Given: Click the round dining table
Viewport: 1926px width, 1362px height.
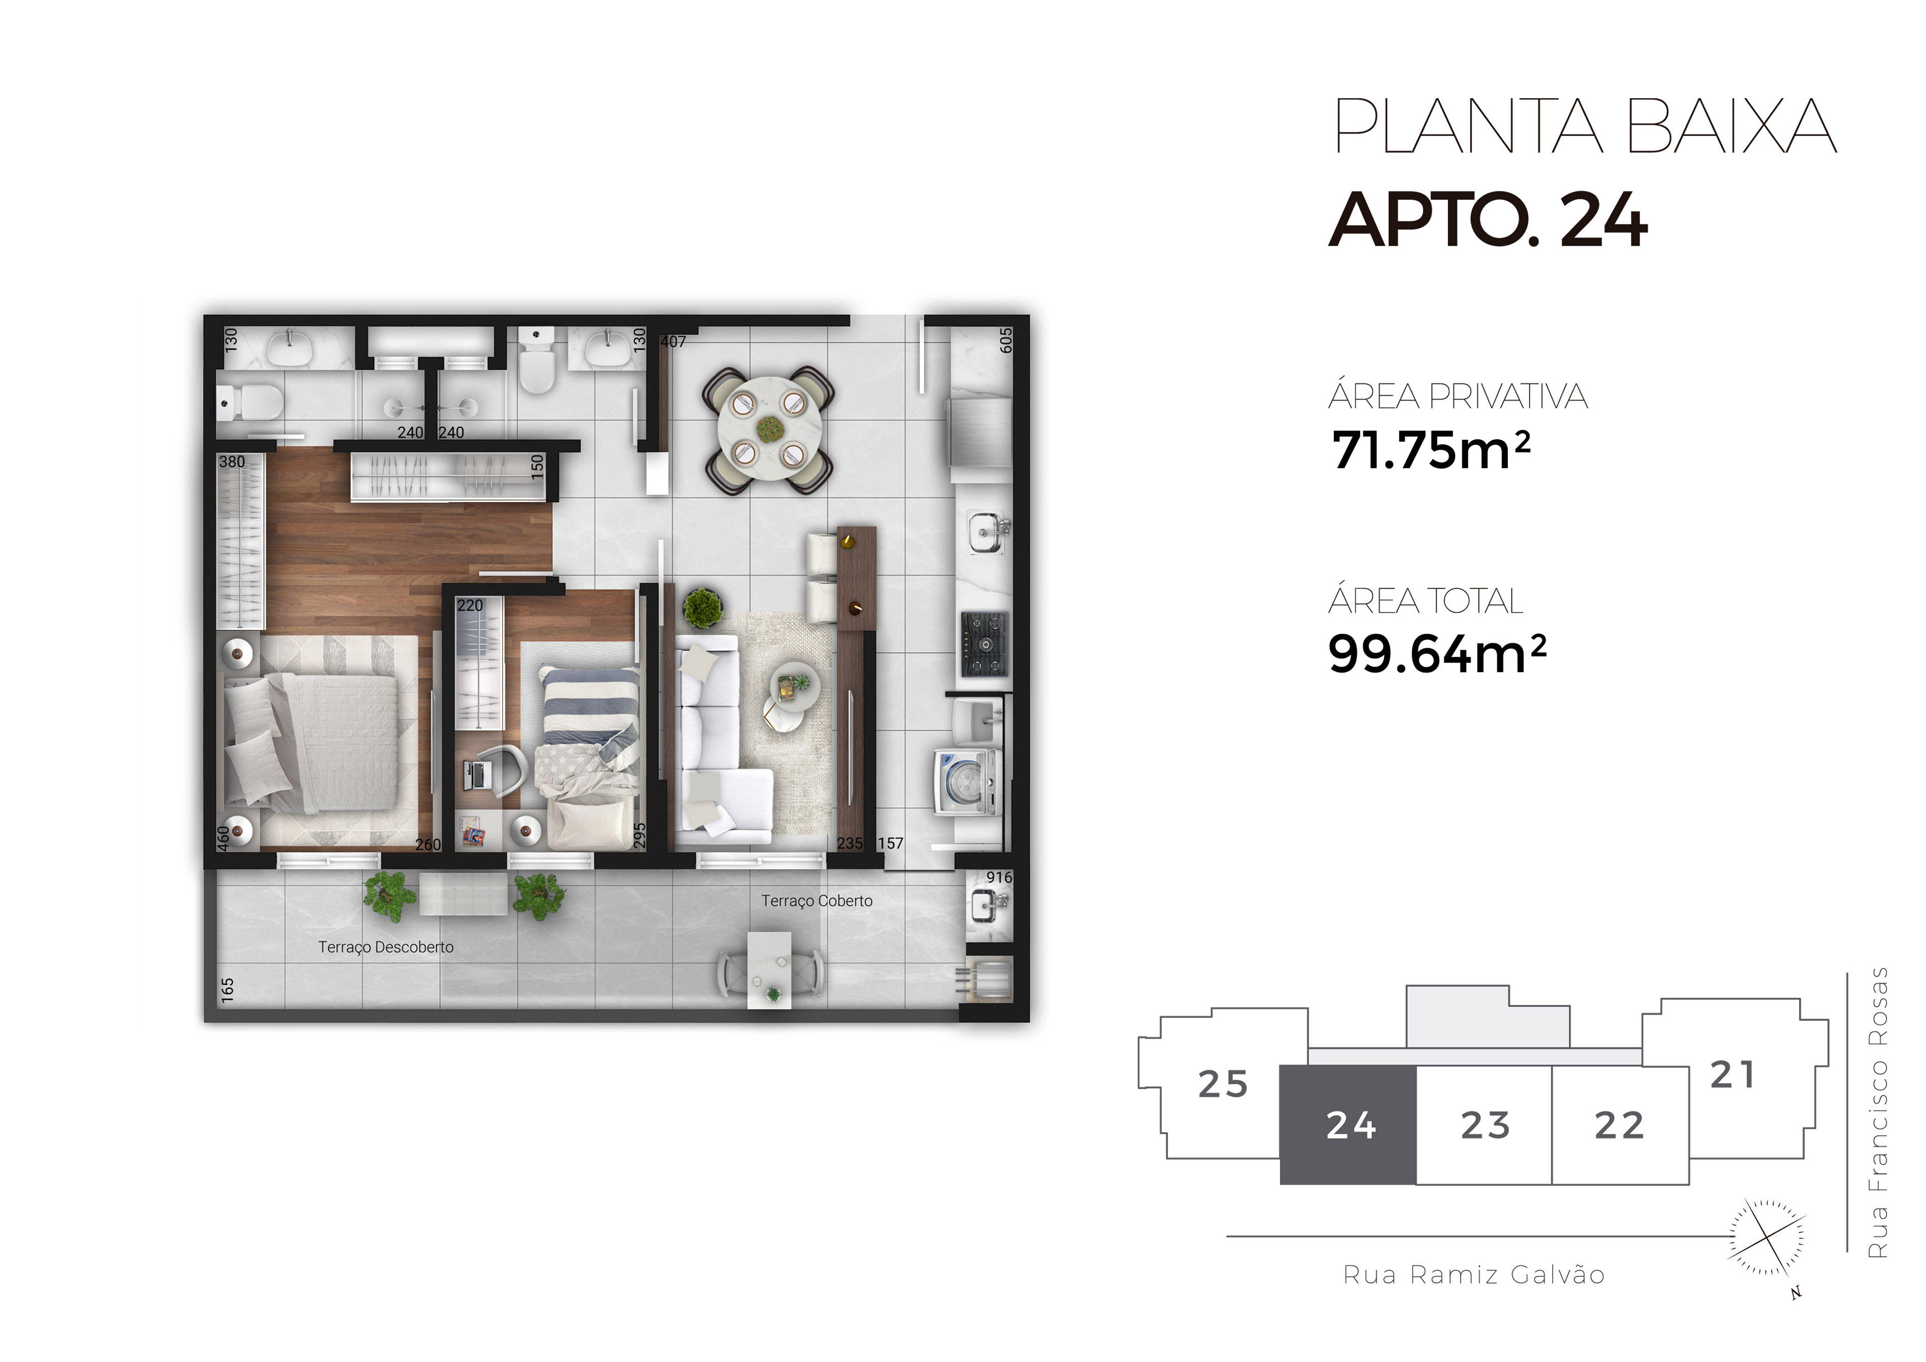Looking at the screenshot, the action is [769, 429].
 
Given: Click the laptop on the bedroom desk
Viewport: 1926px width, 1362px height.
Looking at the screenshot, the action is [478, 775].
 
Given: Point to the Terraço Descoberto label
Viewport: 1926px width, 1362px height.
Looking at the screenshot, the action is [386, 946].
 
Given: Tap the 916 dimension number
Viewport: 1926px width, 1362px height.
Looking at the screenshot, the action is [999, 877].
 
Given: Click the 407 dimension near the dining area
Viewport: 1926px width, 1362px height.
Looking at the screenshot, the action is [673, 341].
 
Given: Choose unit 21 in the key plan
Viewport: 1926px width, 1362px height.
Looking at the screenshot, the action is [1733, 1075].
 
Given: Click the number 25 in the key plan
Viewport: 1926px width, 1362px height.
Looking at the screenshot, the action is [1223, 1084].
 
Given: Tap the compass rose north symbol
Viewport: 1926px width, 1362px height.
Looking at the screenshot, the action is [1767, 1238].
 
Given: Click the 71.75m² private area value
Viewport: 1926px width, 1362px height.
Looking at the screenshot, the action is [1431, 450].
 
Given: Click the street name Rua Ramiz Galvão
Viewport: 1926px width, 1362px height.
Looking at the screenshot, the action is [1474, 1275].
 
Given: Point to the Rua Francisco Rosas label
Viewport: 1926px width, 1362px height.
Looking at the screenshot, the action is [1878, 1112].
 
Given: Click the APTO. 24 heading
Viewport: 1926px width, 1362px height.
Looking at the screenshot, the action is [1488, 220].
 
